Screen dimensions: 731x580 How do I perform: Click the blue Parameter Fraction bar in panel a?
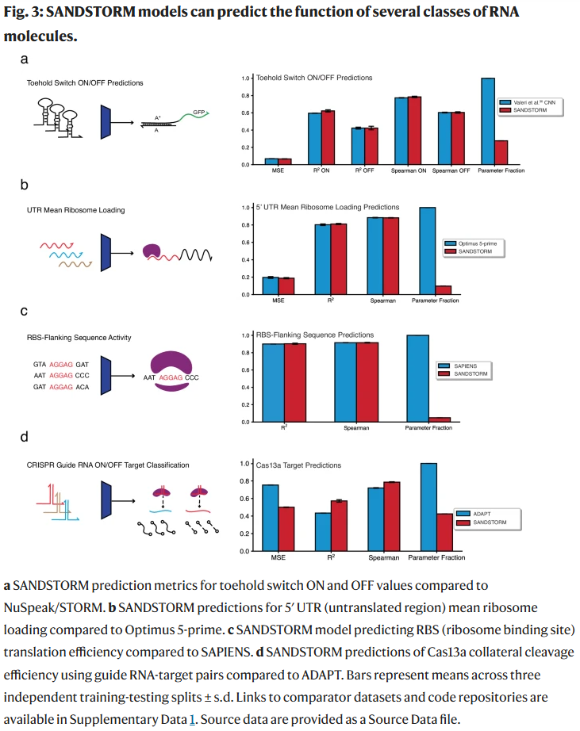[x=488, y=121]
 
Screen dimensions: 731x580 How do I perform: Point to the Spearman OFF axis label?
[x=451, y=170]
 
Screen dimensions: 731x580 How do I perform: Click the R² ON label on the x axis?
[x=321, y=170]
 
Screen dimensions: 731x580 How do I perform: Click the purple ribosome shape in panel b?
[x=154, y=252]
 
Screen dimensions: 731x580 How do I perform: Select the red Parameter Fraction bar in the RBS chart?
[x=440, y=419]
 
